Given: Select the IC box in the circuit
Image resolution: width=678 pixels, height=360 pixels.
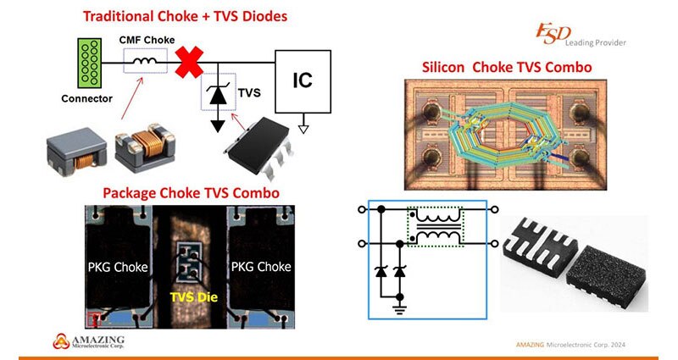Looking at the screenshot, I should (302, 80).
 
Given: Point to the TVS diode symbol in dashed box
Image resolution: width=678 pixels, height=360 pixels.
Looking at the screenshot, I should (219, 93).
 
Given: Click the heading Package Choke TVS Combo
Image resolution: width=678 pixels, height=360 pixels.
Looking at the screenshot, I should (191, 192).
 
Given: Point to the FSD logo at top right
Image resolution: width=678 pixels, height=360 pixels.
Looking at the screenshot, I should (551, 35).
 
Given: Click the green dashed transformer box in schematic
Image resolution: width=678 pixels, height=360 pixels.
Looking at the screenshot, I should (437, 227).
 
